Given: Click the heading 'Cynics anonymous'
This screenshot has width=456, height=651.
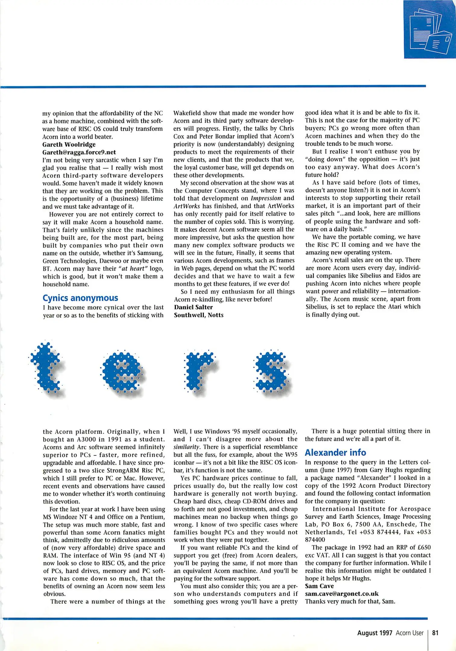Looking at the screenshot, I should [80, 298].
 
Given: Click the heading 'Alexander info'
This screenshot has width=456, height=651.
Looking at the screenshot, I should [335, 452].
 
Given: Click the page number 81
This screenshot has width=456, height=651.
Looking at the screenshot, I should [435, 633].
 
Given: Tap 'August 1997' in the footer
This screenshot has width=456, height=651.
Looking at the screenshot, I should [374, 633].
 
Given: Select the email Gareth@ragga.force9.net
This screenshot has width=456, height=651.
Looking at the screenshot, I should [79, 152].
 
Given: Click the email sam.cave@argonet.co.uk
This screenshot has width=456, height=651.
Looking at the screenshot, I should [342, 594].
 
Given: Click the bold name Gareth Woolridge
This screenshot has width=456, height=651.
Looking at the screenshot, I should [69, 144].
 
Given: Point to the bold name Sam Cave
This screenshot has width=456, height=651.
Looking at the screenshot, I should [319, 586].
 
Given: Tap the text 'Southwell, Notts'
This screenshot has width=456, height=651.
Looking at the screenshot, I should [198, 315].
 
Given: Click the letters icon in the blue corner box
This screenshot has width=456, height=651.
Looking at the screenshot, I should [431, 32].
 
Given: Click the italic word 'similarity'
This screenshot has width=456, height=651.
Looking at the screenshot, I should [185, 447].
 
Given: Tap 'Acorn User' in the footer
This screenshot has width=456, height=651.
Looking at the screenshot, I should [409, 633].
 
